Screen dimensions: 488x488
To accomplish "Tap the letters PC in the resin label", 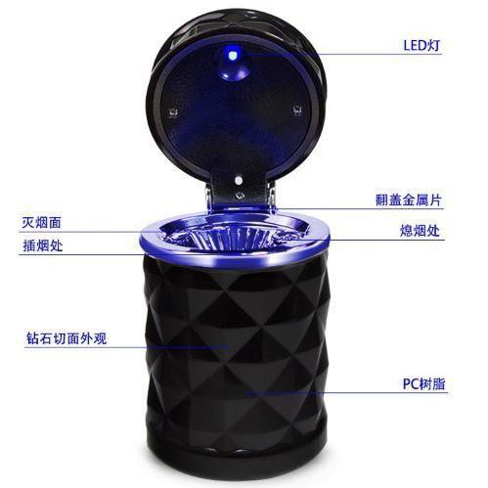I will click(x=408, y=382).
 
